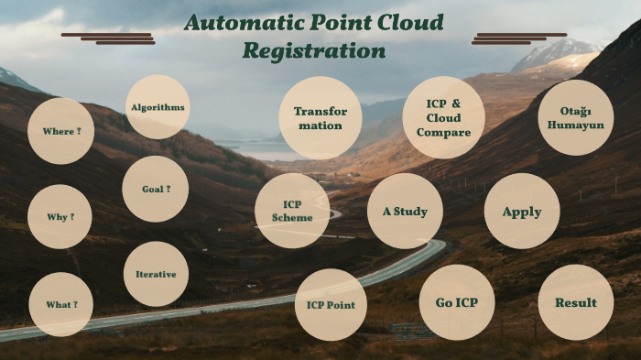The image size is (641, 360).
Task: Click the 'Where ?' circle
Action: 61,131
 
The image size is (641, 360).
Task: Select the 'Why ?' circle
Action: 60,217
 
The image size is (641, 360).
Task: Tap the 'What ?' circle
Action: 61,304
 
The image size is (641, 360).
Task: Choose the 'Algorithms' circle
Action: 158,107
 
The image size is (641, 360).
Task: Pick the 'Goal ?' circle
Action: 156,189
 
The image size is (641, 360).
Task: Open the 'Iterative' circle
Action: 156,274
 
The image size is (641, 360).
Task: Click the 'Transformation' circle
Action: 320,118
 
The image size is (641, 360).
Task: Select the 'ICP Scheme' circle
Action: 292,211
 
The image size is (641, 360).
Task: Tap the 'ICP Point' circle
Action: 331,304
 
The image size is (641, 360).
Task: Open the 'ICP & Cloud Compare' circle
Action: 443,118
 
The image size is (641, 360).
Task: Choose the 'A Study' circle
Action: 405,212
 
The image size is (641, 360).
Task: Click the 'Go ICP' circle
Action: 457,302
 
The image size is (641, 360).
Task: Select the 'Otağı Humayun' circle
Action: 575,117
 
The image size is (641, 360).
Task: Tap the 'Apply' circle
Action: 522,212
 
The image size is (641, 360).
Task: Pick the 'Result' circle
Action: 575,302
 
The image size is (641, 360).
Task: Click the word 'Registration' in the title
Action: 314,51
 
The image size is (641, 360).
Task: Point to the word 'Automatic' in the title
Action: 241,23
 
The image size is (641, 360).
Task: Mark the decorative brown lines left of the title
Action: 108,38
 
